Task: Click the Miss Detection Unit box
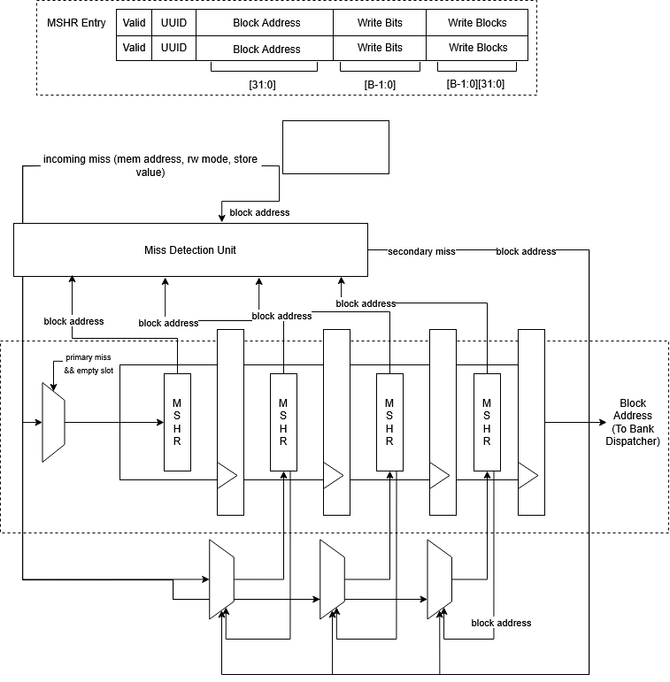[x=190, y=249]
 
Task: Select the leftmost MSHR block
[x=177, y=422]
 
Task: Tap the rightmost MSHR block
[x=487, y=422]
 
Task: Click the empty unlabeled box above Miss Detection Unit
[x=335, y=148]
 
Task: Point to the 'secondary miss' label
[x=421, y=252]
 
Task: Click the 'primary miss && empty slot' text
[x=89, y=364]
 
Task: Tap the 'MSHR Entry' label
[x=76, y=22]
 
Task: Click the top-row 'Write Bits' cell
[x=381, y=22]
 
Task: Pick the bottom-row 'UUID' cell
[x=173, y=48]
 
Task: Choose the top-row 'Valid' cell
[x=135, y=22]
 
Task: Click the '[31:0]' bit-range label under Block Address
[x=264, y=84]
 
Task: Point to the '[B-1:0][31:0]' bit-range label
[x=476, y=84]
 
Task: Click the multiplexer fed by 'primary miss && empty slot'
[x=54, y=422]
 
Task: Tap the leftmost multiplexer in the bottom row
[x=220, y=580]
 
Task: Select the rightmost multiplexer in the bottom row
[x=439, y=580]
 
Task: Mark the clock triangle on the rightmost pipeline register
[x=528, y=478]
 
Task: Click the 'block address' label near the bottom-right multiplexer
[x=501, y=623]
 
